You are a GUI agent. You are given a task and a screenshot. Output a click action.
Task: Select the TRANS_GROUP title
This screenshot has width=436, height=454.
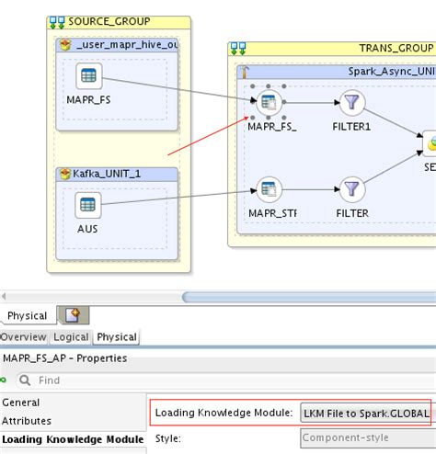(396, 48)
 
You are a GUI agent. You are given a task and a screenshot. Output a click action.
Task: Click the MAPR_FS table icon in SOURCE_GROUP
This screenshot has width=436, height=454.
(88, 77)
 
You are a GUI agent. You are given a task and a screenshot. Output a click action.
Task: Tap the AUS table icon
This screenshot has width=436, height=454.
(88, 205)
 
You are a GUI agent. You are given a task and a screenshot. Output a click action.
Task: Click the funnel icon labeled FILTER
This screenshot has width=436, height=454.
(352, 189)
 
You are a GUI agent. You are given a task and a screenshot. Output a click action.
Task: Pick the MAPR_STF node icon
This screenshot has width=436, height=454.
(269, 190)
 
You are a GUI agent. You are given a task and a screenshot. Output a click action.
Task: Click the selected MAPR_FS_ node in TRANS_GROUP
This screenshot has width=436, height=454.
(269, 103)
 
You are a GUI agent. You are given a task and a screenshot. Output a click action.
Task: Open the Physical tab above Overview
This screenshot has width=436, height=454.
(27, 316)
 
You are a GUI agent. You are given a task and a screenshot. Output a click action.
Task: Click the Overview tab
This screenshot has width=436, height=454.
(23, 337)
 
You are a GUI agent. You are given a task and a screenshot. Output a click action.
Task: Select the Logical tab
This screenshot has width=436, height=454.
(72, 337)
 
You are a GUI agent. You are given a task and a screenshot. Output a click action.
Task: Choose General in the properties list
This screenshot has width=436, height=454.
(21, 403)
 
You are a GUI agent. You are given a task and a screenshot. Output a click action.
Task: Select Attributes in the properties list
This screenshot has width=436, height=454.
(27, 420)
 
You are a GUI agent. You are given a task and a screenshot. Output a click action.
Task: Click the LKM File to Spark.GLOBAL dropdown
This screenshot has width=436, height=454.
(366, 414)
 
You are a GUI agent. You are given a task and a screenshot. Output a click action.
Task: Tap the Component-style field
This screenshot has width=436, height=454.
(366, 438)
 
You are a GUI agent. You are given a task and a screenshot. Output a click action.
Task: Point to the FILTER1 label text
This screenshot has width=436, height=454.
(352, 126)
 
